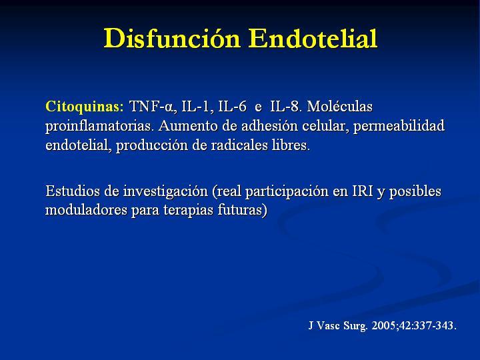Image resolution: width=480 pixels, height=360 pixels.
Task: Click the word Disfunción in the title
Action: (x=172, y=38)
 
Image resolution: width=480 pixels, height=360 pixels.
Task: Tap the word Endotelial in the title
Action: (x=313, y=38)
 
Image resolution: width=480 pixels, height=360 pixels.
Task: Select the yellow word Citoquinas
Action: (x=85, y=107)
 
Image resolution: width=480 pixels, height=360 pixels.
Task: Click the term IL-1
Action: (x=197, y=107)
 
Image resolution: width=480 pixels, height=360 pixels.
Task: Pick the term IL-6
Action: (x=233, y=107)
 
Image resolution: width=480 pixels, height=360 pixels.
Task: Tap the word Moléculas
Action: (x=340, y=106)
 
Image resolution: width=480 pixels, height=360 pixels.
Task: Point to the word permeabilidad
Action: (x=399, y=126)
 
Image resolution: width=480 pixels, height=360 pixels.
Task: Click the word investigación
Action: (x=165, y=191)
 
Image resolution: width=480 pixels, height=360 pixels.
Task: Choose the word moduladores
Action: (x=86, y=210)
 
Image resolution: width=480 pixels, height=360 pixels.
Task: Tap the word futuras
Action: (x=243, y=210)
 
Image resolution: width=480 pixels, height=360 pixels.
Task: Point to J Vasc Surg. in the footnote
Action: (x=338, y=326)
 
